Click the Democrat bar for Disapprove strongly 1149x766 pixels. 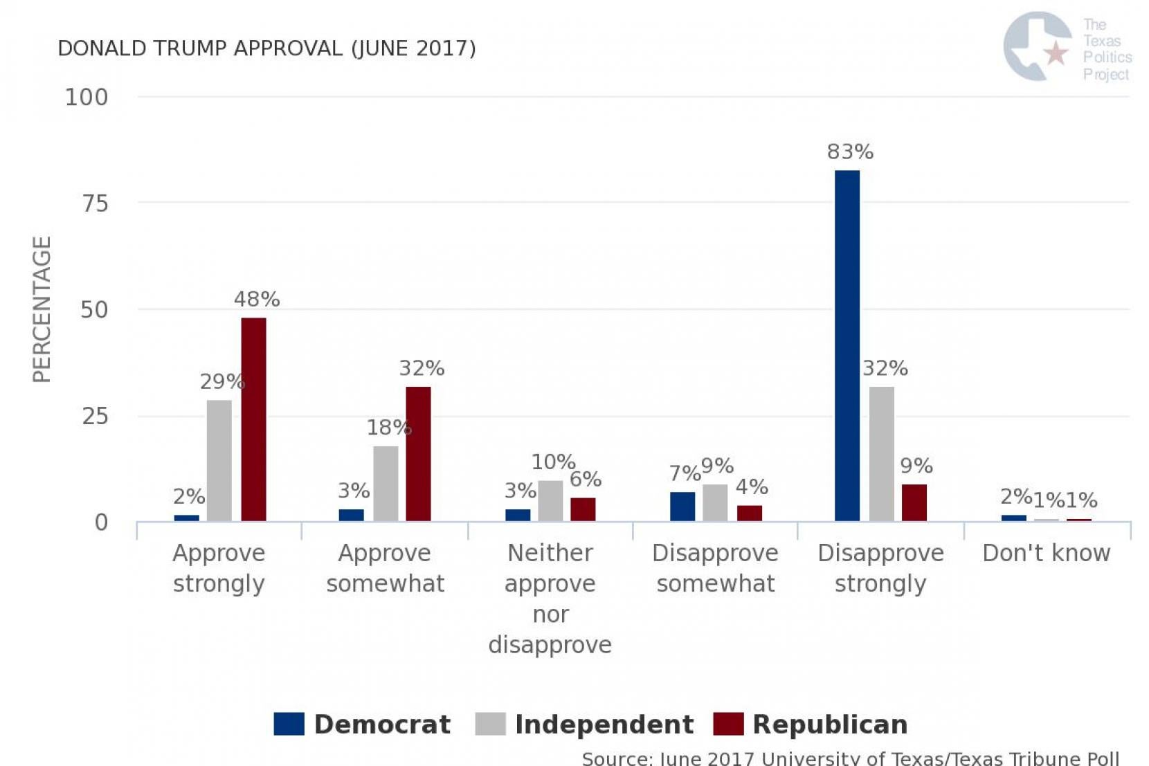pyautogui.click(x=847, y=346)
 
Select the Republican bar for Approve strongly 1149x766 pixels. pyautogui.click(x=253, y=419)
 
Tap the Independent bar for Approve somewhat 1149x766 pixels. pyautogui.click(x=386, y=484)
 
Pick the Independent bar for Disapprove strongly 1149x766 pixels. pyautogui.click(x=881, y=454)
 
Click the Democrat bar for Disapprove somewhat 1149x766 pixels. pyautogui.click(x=682, y=507)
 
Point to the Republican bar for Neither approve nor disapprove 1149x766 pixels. pyautogui.click(x=583, y=509)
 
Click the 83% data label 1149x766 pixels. pyautogui.click(x=850, y=152)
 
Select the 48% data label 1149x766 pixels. pyautogui.click(x=257, y=299)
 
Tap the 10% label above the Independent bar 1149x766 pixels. pyautogui.click(x=553, y=462)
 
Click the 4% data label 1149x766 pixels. pyautogui.click(x=752, y=487)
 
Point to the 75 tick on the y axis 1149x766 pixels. pyautogui.click(x=95, y=203)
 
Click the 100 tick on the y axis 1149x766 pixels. pyautogui.click(x=87, y=97)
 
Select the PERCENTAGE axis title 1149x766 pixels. pyautogui.click(x=42, y=309)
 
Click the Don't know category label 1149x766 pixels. pyautogui.click(x=1046, y=553)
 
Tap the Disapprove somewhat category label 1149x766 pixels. pyautogui.click(x=715, y=568)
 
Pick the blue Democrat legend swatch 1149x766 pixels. pyautogui.click(x=289, y=724)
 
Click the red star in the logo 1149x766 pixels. pyautogui.click(x=1056, y=53)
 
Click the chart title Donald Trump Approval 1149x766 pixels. pyautogui.click(x=266, y=48)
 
